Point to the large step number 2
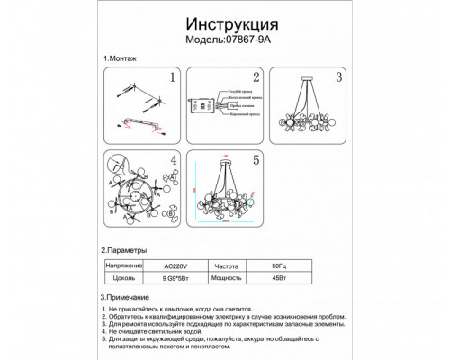[x=256, y=78]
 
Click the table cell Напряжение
[x=125, y=267]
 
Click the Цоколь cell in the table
[x=125, y=281]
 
